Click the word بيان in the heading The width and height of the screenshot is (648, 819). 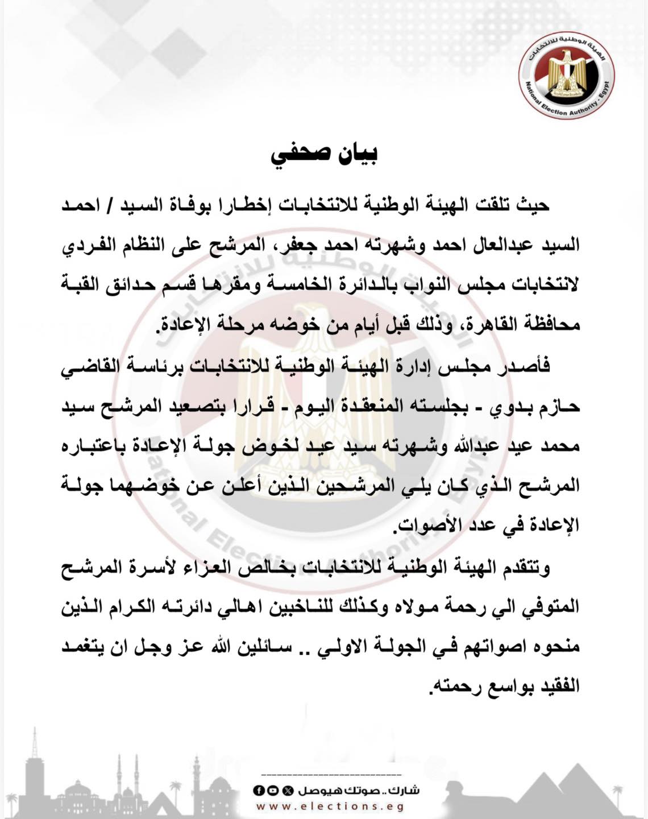(x=354, y=155)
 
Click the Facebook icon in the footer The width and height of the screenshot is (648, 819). (x=258, y=791)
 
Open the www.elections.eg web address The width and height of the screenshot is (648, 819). (x=330, y=806)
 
